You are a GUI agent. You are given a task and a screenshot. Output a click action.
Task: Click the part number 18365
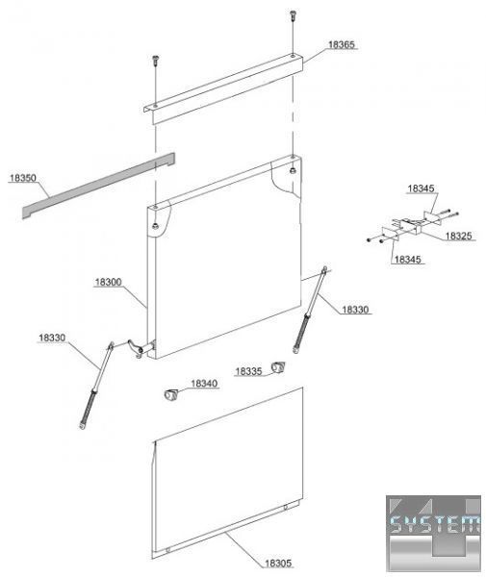[342, 44]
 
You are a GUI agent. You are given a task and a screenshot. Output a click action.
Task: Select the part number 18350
[23, 178]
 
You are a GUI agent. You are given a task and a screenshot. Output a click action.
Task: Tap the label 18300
[108, 282]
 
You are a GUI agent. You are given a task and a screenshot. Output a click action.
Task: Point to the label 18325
[458, 236]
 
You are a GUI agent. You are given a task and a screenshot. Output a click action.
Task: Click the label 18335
[248, 371]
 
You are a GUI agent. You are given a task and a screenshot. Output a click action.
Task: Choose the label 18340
[204, 384]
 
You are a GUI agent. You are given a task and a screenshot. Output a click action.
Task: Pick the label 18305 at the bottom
[278, 563]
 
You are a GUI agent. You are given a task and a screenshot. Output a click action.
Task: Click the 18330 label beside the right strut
[355, 310]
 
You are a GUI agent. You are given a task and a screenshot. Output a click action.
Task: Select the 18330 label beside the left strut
[52, 338]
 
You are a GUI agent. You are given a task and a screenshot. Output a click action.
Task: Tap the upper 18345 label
[421, 188]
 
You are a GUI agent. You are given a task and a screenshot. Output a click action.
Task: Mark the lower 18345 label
[408, 260]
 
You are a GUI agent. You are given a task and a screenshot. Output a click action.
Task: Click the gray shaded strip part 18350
[99, 185]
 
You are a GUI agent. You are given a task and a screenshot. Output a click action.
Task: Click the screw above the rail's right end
[293, 15]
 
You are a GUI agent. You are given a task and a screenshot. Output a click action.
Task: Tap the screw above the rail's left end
[155, 61]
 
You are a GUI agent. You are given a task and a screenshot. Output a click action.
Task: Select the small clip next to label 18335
[278, 367]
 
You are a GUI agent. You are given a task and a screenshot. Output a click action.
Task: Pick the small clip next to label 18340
[170, 395]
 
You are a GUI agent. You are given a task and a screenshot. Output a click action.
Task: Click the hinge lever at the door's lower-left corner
[136, 348]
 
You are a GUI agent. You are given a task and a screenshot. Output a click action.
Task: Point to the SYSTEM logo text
[434, 525]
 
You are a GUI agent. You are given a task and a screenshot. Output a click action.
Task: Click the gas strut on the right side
[310, 310]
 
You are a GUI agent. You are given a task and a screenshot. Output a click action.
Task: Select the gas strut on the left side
[95, 386]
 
